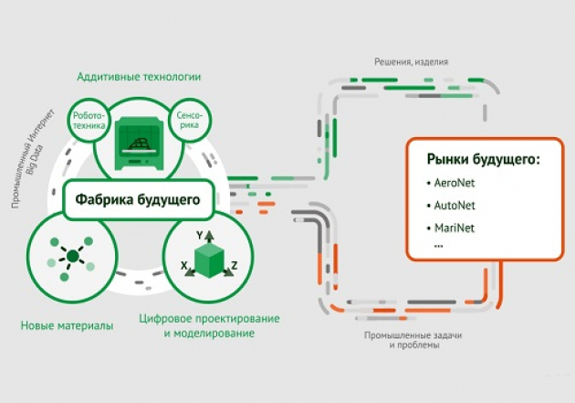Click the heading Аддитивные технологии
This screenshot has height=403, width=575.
140,77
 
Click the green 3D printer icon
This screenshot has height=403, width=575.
141,143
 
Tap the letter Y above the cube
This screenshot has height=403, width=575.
200,235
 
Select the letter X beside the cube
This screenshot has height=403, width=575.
184,266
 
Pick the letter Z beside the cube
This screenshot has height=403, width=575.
234,266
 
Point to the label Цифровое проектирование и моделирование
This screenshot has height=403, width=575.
209,326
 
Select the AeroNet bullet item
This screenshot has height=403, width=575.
455,183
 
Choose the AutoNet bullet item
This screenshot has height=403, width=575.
455,205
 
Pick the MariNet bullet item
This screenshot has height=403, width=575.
455,227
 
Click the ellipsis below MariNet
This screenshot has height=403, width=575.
439,244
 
